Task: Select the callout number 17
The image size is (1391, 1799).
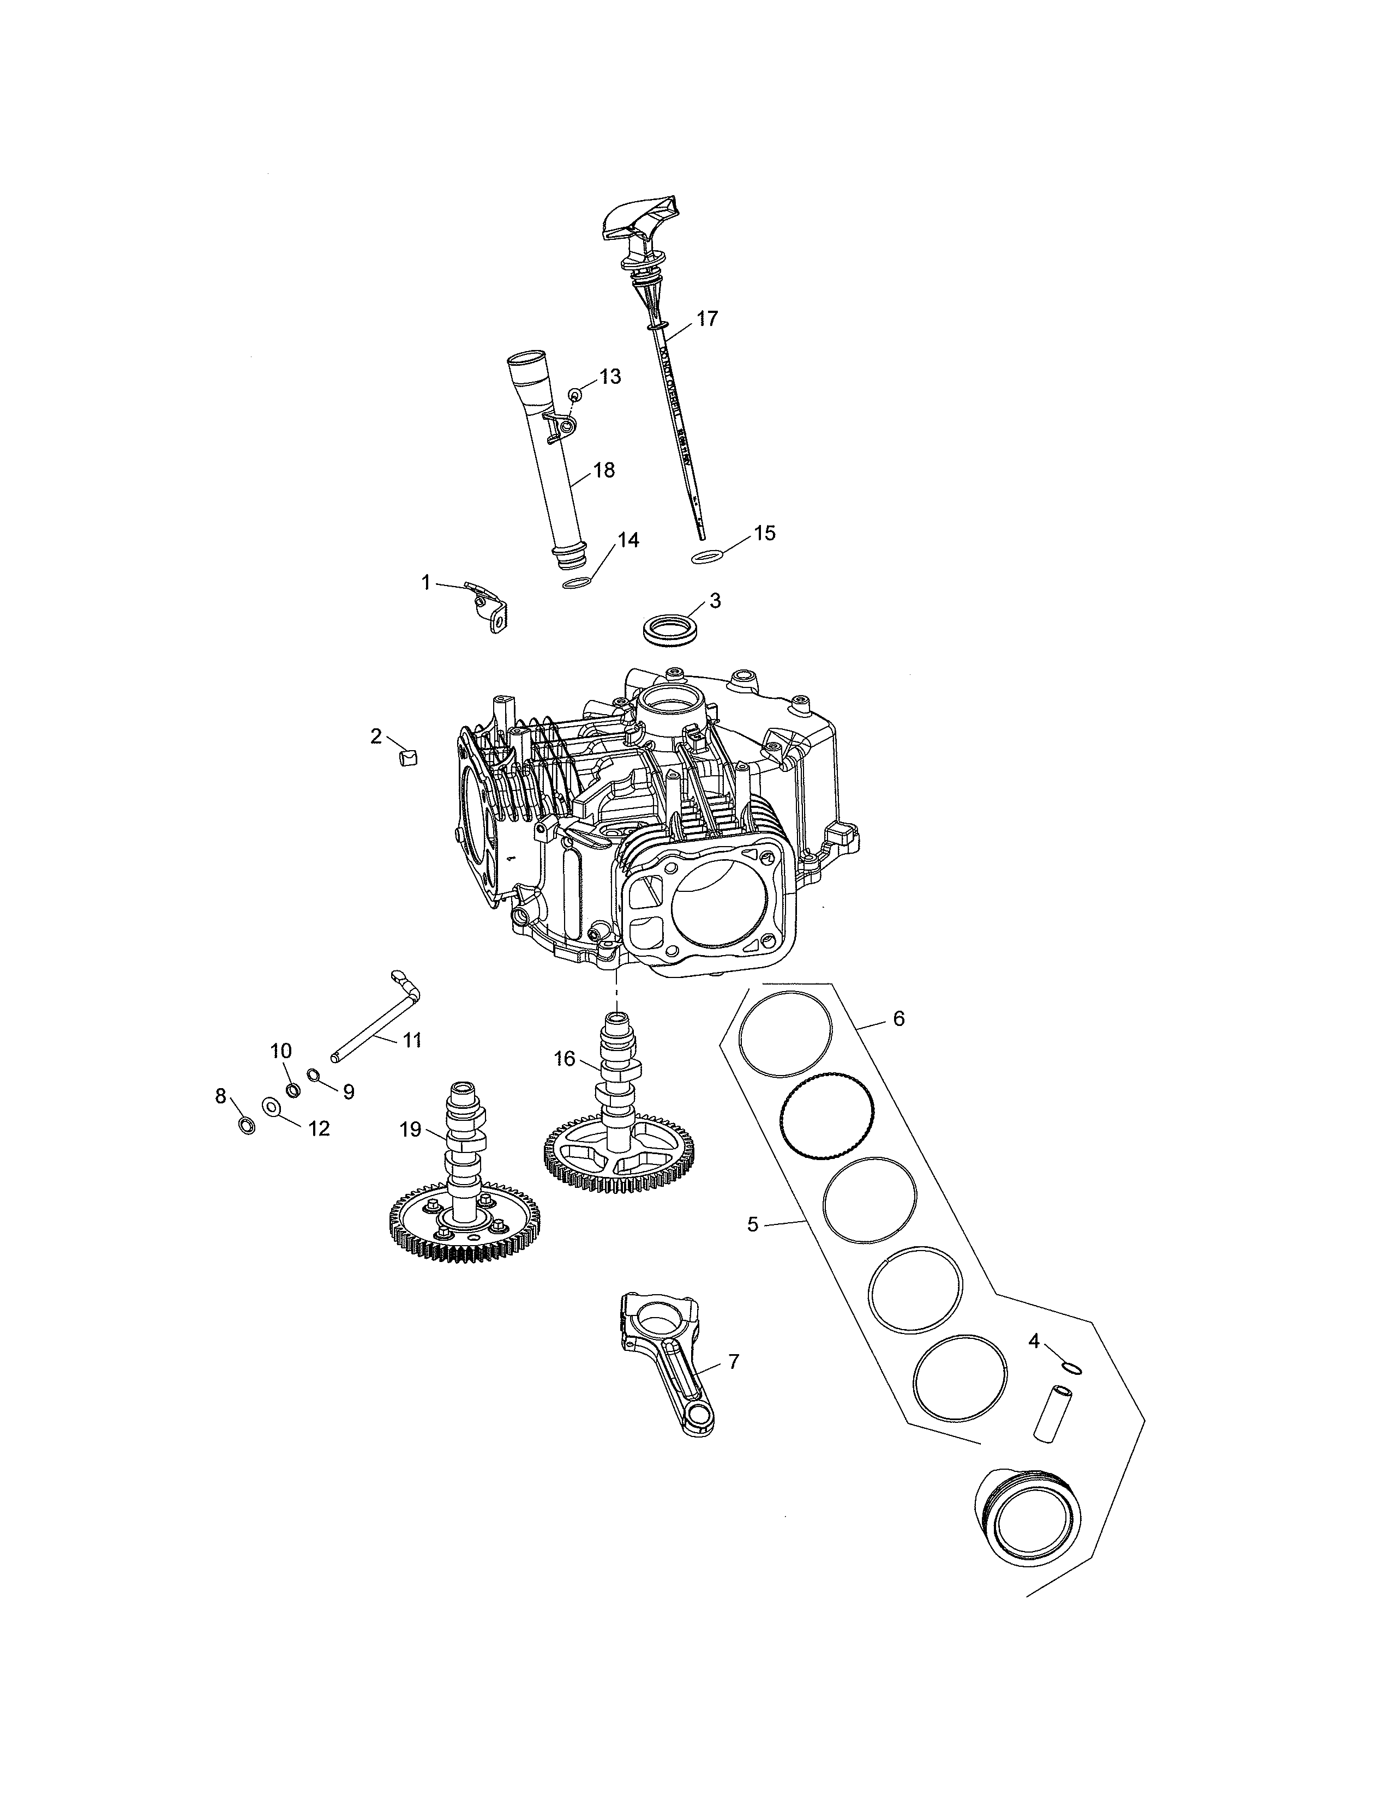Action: point(707,319)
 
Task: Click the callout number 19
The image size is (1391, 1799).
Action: point(410,1130)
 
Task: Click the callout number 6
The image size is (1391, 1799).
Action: point(898,1019)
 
